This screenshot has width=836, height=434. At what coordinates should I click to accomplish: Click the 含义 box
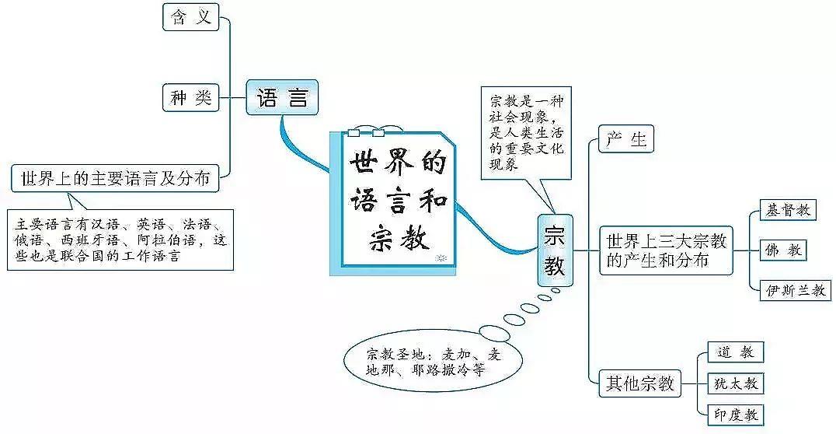[x=191, y=17]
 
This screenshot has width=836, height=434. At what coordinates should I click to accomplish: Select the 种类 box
[x=191, y=98]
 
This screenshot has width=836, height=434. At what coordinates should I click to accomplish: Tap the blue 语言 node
[x=283, y=99]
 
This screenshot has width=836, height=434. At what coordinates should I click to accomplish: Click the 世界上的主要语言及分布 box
[x=116, y=177]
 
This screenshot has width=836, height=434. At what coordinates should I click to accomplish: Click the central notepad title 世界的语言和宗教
[x=398, y=201]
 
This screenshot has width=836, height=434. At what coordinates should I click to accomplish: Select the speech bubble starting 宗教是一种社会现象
[x=525, y=133]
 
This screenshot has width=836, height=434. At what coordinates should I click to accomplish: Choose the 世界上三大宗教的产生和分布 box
[x=666, y=250]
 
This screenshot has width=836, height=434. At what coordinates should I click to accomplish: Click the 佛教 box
[x=783, y=250]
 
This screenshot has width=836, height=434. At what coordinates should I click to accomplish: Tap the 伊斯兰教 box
[x=795, y=291]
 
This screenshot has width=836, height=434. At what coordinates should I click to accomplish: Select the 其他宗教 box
[x=641, y=383]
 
